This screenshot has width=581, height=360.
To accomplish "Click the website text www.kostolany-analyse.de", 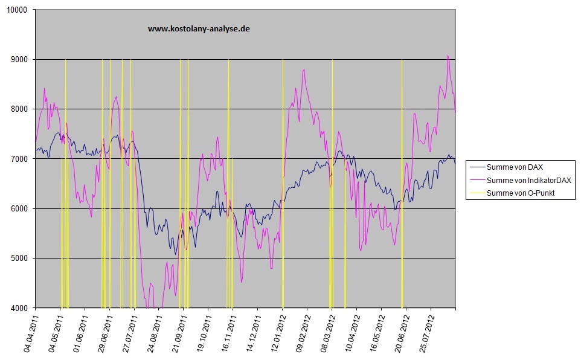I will (x=199, y=28).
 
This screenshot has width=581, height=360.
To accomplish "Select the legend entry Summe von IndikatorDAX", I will (x=524, y=180).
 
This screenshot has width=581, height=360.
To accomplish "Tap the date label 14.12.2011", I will (x=253, y=333).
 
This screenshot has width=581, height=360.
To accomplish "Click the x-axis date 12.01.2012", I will (x=278, y=333).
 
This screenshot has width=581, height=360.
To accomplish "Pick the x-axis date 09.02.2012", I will (x=303, y=333).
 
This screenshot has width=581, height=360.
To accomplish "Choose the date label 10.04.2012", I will (x=352, y=333).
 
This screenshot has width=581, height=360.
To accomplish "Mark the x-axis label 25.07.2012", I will (x=426, y=333).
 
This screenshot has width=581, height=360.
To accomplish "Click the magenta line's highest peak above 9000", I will (x=448, y=56).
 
